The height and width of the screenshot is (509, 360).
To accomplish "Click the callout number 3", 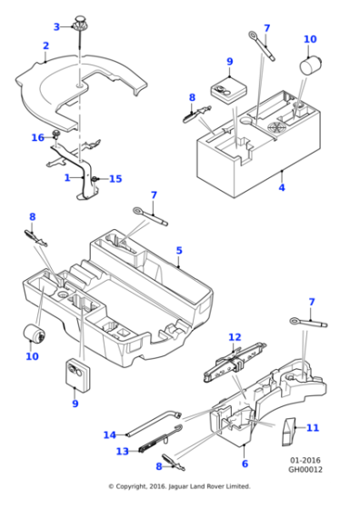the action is coord(56,27).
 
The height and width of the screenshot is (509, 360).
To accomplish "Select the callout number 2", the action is coord(45,45).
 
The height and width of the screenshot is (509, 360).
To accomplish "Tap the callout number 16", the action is coord(37,137).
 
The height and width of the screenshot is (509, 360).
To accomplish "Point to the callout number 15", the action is coord(115,179).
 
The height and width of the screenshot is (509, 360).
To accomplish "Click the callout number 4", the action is coord(282,187).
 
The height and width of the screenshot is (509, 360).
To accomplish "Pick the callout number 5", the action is coord(179,251).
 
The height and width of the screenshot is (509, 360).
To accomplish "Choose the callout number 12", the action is coord(235,337).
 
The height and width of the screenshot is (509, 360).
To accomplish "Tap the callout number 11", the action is coord(313,428).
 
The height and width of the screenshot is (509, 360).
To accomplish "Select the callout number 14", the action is coord(110,434).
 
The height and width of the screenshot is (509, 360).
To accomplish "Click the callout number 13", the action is coord(123,451).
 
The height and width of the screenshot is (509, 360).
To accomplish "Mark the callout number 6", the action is coord(245,464).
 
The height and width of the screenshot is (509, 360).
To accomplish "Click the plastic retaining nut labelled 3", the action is coord(79,22).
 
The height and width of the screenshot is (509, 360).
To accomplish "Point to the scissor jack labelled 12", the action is coord(235,363).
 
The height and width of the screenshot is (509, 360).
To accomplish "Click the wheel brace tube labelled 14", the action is coord(155,424).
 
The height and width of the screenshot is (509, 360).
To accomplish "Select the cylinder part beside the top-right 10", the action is coord(310,65).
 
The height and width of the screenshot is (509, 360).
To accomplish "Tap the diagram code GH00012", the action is coord(305,469).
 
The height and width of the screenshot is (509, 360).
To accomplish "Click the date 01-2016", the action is coord(305,460).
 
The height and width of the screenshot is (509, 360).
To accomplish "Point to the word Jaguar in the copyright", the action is coord(179,486).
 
